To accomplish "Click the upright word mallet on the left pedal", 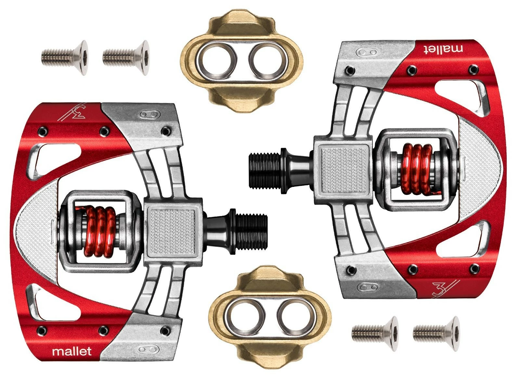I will tap(72, 351).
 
